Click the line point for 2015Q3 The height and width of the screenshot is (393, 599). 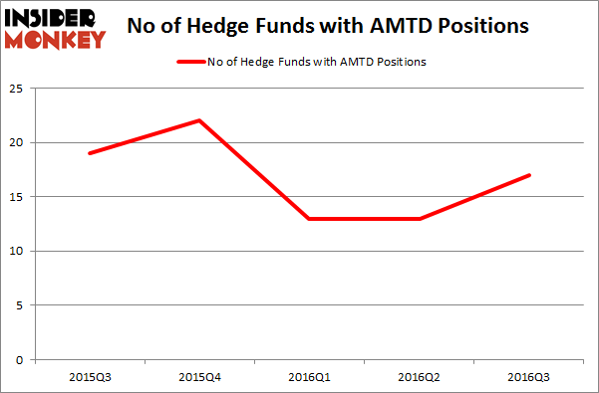89,153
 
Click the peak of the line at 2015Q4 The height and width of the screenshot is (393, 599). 199,120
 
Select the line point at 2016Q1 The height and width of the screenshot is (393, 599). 310,219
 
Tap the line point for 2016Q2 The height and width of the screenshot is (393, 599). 421,219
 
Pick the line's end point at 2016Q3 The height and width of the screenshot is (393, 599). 529,175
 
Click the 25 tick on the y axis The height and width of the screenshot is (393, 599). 17,89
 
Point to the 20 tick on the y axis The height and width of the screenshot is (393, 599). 17,143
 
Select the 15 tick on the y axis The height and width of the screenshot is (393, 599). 17,197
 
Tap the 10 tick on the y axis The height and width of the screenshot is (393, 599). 17,251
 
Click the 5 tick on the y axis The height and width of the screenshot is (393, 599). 20,305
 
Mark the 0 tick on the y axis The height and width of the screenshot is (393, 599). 20,359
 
